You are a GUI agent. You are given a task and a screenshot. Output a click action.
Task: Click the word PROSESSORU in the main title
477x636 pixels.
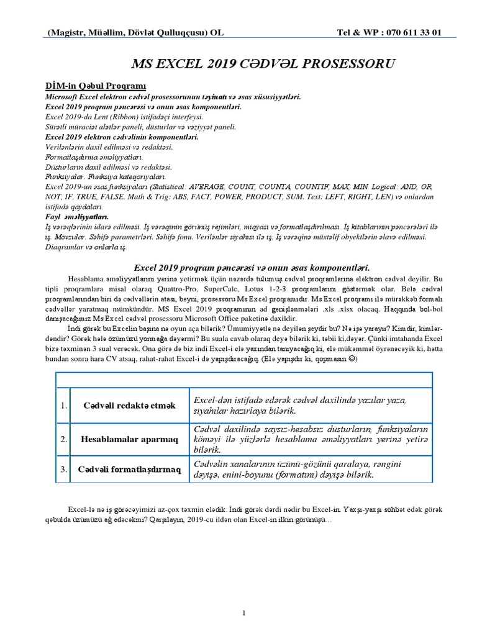click(x=331, y=64)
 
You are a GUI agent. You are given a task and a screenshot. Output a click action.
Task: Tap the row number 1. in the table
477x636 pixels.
click(x=63, y=406)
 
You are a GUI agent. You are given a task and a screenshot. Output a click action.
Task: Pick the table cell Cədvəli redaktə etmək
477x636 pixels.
click(x=130, y=406)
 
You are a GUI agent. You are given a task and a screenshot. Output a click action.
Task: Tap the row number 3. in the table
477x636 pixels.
click(x=63, y=470)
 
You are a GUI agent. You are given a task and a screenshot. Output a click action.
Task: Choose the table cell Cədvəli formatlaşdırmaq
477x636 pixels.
click(x=130, y=470)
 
